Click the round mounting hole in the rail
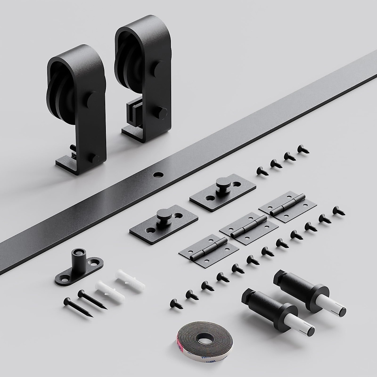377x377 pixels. pos(156,174)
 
